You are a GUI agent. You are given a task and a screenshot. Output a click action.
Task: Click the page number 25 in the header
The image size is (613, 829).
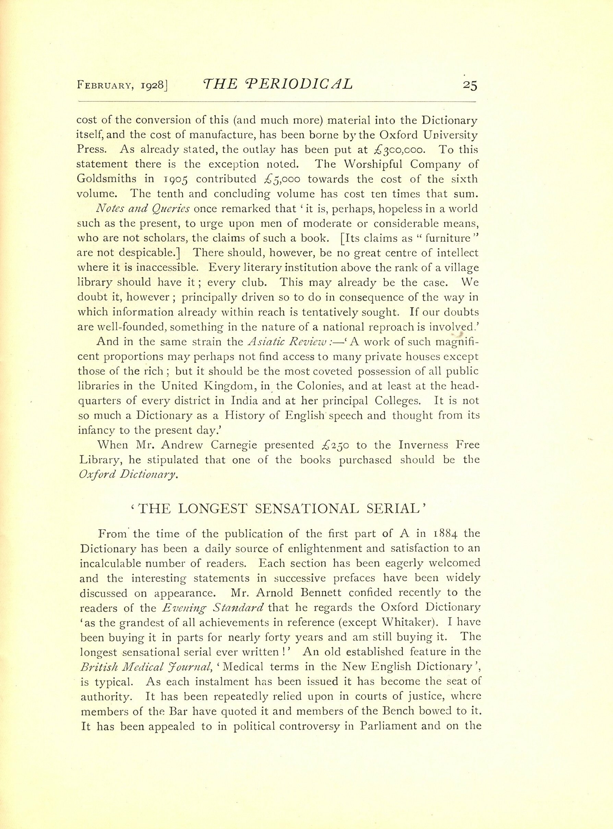[x=470, y=85]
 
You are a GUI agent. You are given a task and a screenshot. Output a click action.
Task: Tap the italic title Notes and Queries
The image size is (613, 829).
[x=143, y=208]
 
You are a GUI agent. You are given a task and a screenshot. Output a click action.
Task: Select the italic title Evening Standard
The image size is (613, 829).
[x=213, y=608]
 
